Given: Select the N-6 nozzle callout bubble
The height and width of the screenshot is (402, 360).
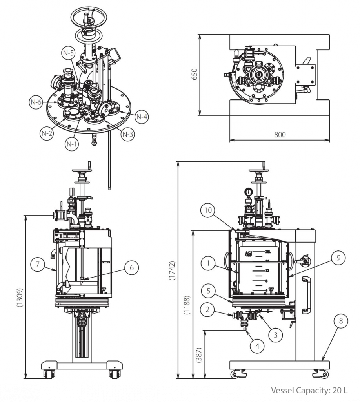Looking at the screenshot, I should point(35,102).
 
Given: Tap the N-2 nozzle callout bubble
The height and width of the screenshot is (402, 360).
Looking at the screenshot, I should point(46,133).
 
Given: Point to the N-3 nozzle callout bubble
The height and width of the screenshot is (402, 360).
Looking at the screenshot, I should point(127,134).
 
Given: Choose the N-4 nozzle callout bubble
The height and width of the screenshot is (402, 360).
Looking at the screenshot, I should point(142,117).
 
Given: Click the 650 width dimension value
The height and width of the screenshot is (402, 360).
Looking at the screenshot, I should point(194,75).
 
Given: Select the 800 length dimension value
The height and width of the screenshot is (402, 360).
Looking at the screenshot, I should point(280,135).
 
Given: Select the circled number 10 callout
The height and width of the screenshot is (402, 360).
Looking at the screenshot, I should point(208,210).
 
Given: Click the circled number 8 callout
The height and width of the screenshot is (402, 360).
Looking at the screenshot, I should point(341,321).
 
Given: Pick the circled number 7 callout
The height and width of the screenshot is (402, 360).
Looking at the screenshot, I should point(38,264).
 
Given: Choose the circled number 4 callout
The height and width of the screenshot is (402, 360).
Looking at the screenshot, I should point(257,346).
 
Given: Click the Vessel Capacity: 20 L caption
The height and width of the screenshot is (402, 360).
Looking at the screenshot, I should point(309,391).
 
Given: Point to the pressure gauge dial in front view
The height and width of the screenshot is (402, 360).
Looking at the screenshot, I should point(248,192).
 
